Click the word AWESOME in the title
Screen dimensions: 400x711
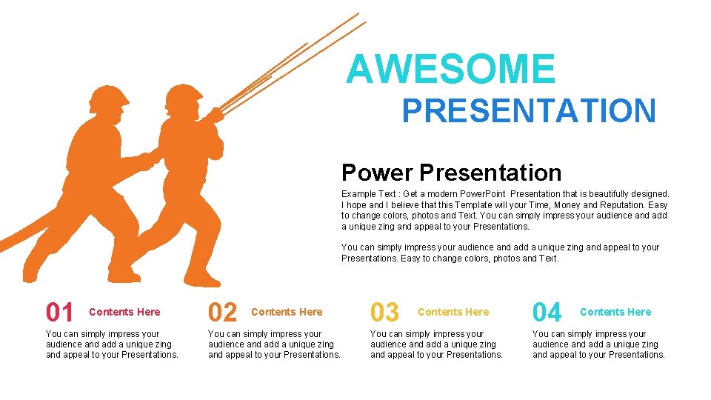[450, 70]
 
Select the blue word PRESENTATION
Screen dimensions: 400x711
[528, 111]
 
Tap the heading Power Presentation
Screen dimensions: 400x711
[451, 173]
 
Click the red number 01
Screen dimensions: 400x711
[60, 313]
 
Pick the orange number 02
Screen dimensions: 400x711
[222, 313]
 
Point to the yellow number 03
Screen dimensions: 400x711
[384, 313]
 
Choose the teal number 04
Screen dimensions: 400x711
[547, 313]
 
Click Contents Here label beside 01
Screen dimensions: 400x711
[124, 312]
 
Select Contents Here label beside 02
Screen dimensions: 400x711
[287, 312]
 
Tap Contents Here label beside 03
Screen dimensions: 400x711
[453, 312]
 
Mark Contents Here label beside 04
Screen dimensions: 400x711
[615, 312]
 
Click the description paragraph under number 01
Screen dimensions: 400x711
[112, 344]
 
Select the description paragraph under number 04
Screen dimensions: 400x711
[598, 344]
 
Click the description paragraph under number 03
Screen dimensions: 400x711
[436, 344]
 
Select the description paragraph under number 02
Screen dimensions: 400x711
[274, 344]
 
